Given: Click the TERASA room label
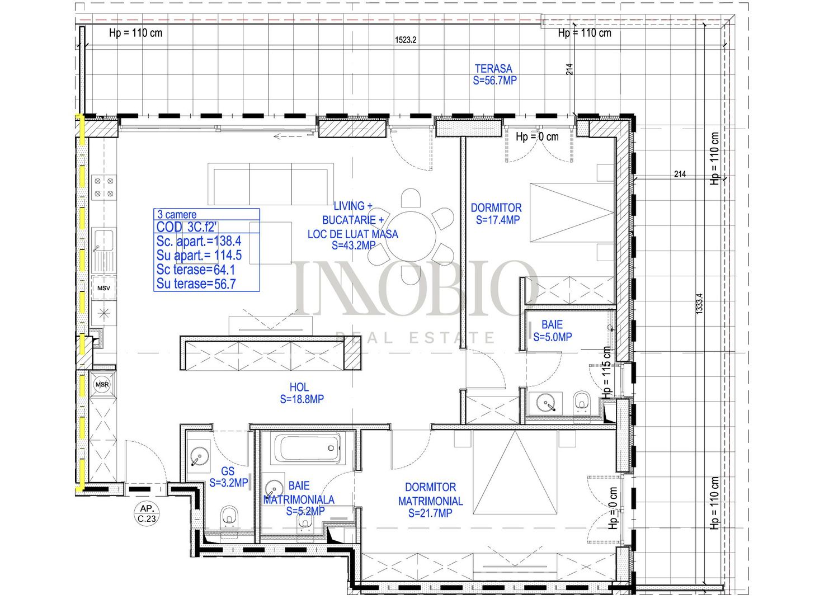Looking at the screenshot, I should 493,69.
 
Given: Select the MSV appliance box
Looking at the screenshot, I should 103,288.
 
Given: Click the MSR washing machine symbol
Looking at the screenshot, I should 102,385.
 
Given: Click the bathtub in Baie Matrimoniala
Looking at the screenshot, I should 307,449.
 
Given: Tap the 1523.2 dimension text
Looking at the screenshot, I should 406,40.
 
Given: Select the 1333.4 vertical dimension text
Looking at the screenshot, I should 699,304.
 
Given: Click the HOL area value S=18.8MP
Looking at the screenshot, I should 302,399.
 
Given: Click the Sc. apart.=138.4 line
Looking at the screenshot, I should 199,241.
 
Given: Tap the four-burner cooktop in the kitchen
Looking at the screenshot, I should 104,187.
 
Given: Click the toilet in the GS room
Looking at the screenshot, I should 228,517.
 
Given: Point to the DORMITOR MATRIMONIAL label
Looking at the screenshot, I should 430,494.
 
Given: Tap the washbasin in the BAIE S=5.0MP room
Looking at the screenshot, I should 545,402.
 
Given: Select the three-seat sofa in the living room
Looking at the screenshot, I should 271,184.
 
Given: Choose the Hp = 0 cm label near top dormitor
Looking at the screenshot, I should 537,136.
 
